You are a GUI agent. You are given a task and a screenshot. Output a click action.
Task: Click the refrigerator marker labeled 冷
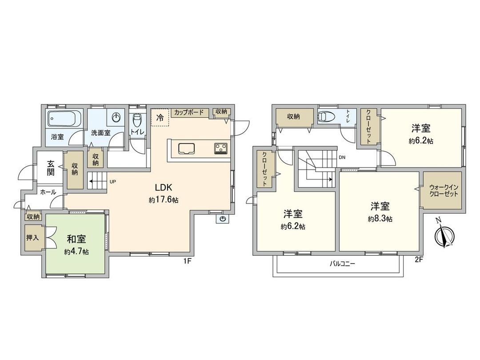[x=160, y=118]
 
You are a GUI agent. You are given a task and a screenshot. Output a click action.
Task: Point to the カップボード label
[x=189, y=112]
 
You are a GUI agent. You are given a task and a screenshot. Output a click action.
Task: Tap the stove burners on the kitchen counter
[x=220, y=148]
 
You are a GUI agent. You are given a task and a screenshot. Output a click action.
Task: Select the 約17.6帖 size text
[x=164, y=200]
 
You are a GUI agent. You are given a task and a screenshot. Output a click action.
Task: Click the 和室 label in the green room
[x=76, y=239]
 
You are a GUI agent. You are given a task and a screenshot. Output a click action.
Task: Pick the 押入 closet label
[x=32, y=238]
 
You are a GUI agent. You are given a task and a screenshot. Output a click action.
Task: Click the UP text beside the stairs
[x=113, y=182]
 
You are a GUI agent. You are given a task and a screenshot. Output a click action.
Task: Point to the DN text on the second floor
[x=342, y=157]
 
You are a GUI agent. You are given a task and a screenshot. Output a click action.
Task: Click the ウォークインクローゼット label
[x=444, y=191]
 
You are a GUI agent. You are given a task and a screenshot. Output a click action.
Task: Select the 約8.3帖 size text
[x=380, y=219]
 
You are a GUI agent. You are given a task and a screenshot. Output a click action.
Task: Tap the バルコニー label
[x=342, y=264]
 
